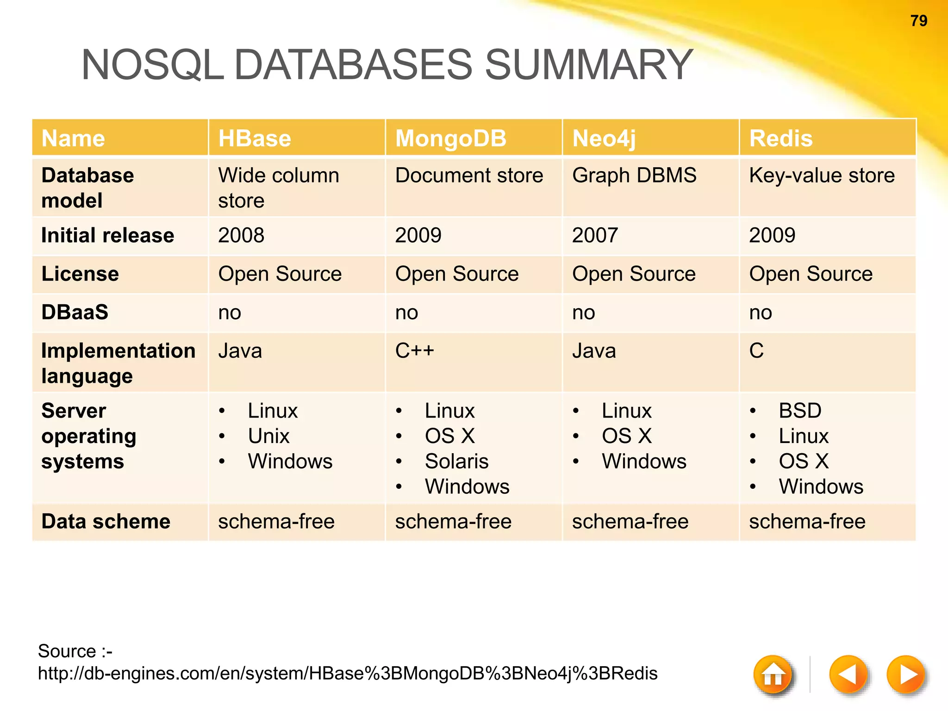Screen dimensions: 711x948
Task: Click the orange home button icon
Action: point(773,674)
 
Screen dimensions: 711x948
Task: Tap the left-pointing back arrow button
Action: point(848,674)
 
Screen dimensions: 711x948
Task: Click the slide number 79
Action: point(918,21)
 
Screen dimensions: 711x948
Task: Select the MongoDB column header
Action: point(451,138)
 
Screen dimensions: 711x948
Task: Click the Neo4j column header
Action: point(604,138)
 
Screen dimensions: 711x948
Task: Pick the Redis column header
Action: point(781,138)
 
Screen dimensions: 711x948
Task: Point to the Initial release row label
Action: point(107,235)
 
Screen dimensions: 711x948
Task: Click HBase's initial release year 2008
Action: point(241,235)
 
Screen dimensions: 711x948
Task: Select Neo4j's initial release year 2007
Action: point(595,235)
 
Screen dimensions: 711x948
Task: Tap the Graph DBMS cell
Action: point(634,175)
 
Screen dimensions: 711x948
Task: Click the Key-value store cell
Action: point(822,175)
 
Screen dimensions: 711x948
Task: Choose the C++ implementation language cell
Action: point(415,350)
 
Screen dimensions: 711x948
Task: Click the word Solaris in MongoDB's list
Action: point(456,461)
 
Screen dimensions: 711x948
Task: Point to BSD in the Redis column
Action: point(800,411)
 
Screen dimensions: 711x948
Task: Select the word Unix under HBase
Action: point(268,436)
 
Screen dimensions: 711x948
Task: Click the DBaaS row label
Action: point(75,312)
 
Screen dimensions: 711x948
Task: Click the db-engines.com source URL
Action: point(347,673)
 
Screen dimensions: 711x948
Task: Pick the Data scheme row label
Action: point(106,522)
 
